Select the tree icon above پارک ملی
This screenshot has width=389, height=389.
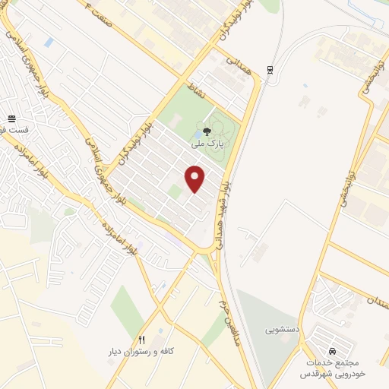(207, 131)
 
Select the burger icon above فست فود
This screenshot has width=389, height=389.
(12, 118)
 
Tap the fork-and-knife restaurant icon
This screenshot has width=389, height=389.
(141, 340)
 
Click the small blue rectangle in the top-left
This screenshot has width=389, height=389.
(49, 43)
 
